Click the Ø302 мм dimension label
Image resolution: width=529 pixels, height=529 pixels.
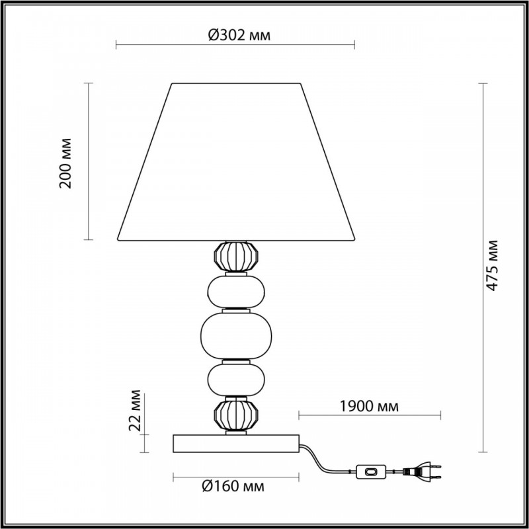coord(239,35)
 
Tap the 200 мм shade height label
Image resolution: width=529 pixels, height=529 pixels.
coord(65,163)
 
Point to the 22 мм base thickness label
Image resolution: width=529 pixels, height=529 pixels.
coord(135,411)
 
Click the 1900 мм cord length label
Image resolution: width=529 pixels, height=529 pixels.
coord(369,407)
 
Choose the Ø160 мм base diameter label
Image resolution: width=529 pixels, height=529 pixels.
coord(233,486)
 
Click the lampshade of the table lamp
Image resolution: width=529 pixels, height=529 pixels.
coord(236,162)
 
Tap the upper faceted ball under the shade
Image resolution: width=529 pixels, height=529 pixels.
coord(236,256)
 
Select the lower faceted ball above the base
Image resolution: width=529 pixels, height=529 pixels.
coord(236,415)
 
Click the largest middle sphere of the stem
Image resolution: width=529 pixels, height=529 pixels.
coord(236,335)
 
